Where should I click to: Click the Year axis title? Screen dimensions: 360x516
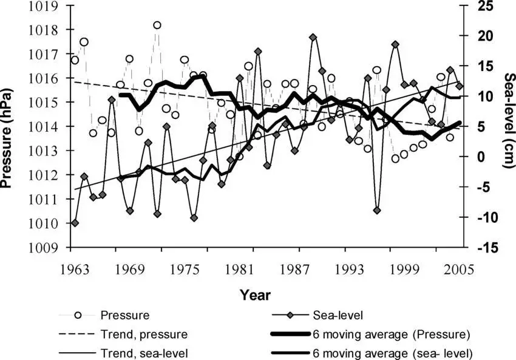click(x=255, y=296)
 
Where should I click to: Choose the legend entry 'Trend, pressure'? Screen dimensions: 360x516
click(x=143, y=334)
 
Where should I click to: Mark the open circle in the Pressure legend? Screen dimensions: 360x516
click(x=78, y=315)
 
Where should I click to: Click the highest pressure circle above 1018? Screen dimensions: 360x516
click(x=157, y=25)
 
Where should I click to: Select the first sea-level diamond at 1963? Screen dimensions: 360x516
click(x=75, y=223)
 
